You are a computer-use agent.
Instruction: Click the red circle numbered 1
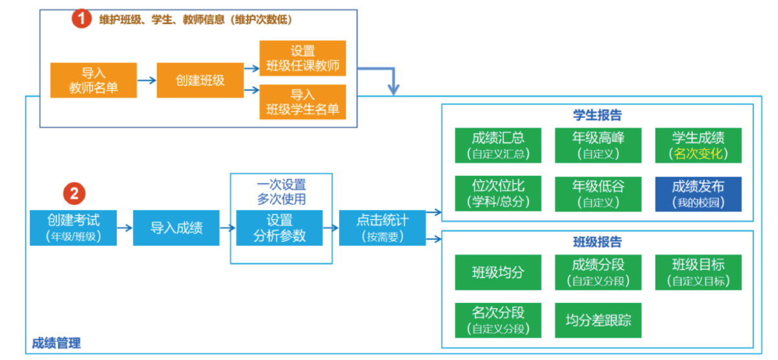click(82, 19)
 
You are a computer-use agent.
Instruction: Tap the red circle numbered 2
click(74, 193)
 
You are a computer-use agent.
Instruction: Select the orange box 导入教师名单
click(93, 80)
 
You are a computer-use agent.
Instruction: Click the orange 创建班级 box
click(200, 80)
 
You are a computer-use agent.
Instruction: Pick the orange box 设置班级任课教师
click(303, 58)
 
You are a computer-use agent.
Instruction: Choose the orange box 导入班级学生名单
click(303, 102)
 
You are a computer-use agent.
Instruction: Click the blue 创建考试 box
click(73, 228)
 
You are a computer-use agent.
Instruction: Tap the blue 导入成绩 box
click(176, 228)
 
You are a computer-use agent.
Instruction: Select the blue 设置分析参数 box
click(279, 228)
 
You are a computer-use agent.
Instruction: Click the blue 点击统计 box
click(383, 228)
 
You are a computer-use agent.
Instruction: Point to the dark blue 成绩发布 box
click(698, 194)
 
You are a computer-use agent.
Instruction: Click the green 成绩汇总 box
click(498, 145)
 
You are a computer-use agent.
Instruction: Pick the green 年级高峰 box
click(598, 145)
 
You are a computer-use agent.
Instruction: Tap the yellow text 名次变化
click(698, 154)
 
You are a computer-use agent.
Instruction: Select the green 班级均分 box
click(498, 272)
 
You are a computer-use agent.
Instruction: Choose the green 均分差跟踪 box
click(598, 320)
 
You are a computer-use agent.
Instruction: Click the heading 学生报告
click(597, 115)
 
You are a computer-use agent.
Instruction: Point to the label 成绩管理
click(56, 343)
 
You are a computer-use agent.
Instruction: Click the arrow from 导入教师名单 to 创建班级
click(147, 80)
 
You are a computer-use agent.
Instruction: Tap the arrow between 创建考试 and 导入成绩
click(124, 228)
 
